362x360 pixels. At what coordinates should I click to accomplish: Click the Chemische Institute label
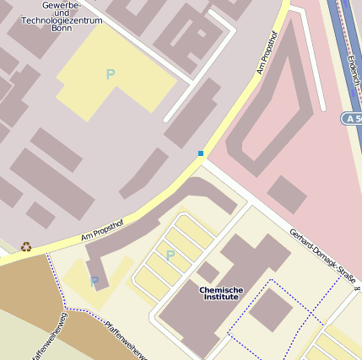pos(221,293)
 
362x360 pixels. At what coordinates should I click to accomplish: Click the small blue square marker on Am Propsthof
pos(201,153)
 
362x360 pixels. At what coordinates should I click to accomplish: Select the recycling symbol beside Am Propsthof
pos(26,247)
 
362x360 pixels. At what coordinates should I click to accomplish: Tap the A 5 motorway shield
pos(352,118)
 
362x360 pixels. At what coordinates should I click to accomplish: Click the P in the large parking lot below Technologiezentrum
pos(110,74)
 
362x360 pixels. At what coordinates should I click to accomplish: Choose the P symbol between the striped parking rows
pos(170,255)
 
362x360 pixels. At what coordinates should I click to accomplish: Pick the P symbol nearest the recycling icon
pos(95,281)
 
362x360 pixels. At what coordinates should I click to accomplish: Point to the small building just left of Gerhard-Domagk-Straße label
pos(286,195)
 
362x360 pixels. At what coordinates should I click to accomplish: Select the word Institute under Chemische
pos(221,298)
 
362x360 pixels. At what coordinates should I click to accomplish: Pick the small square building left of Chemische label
pos(208,271)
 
